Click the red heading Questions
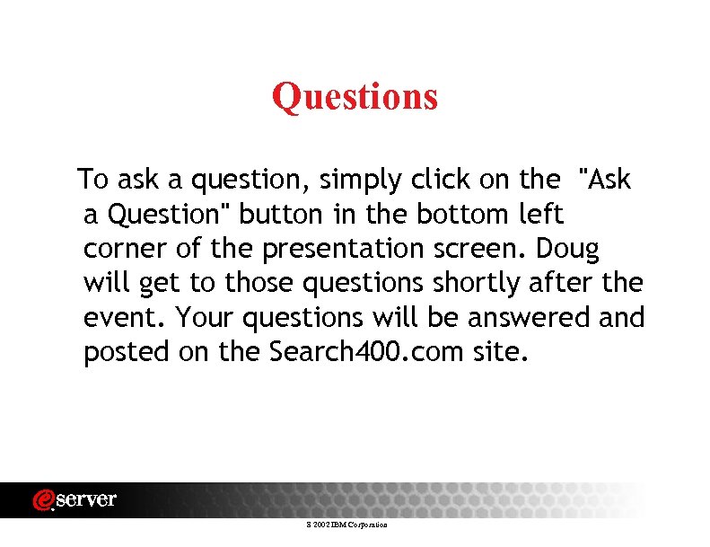point(355,96)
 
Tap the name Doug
point(569,249)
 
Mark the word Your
point(203,318)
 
